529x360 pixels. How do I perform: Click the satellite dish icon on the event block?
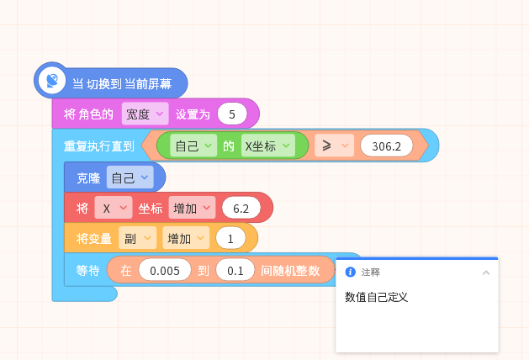[51, 81]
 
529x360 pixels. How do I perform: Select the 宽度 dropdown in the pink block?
[145, 114]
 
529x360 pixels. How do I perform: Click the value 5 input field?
[232, 114]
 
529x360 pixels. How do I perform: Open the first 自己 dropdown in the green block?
[193, 146]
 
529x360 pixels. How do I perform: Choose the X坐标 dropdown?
[268, 146]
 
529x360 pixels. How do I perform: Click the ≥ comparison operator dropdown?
[335, 146]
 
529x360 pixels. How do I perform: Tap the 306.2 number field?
[387, 146]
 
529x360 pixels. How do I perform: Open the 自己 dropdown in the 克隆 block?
[130, 177]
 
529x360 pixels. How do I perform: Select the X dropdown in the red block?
[114, 208]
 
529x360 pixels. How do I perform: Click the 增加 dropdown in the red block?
[192, 208]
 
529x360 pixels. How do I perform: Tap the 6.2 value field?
[241, 208]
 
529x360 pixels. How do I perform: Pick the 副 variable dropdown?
[138, 238]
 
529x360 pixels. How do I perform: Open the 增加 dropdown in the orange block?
[186, 238]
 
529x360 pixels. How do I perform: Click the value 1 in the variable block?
[230, 238]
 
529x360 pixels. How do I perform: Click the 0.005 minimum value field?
[165, 269]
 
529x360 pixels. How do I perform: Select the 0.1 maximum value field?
[235, 269]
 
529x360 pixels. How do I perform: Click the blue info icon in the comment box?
[351, 272]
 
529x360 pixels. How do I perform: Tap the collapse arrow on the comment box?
[486, 273]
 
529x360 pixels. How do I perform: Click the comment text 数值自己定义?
[376, 297]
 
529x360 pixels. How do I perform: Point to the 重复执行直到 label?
[99, 146]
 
